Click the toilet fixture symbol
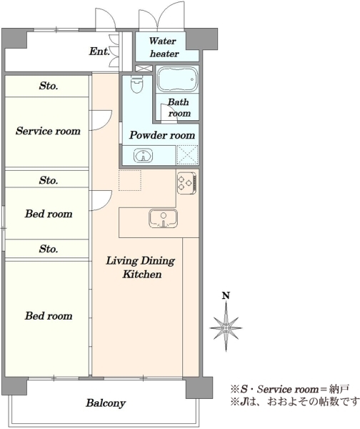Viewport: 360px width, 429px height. click(136, 84)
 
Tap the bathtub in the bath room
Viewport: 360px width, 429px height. click(178, 79)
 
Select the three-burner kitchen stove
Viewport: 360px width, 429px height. click(186, 183)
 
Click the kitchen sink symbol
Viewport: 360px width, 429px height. click(163, 218)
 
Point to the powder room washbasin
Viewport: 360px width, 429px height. click(143, 156)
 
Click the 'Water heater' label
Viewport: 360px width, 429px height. click(164, 47)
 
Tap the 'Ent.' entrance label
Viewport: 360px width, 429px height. click(99, 51)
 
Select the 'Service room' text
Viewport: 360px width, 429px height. click(48, 131)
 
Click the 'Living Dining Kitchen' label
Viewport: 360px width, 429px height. click(141, 267)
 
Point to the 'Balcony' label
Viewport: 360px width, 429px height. click(106, 403)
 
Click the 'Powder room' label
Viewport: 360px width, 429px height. click(162, 135)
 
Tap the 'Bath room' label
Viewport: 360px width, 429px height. click(179, 107)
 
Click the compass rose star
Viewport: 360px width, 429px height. click(226, 327)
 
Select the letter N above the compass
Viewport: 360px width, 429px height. click(226, 296)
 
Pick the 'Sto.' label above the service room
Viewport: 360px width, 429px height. click(49, 86)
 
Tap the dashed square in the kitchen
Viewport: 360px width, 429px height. click(130, 180)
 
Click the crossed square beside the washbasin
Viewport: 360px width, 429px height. click(187, 155)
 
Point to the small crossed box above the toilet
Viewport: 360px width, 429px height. click(144, 69)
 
